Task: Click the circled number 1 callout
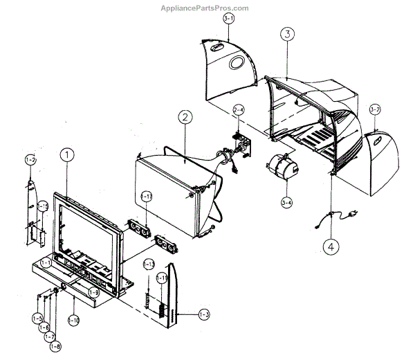(66, 156)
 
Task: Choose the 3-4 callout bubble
(286, 203)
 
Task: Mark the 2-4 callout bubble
(238, 110)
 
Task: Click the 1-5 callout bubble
(37, 318)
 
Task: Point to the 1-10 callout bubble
(74, 320)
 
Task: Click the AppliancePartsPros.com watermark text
(207, 8)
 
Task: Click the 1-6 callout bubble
(44, 327)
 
